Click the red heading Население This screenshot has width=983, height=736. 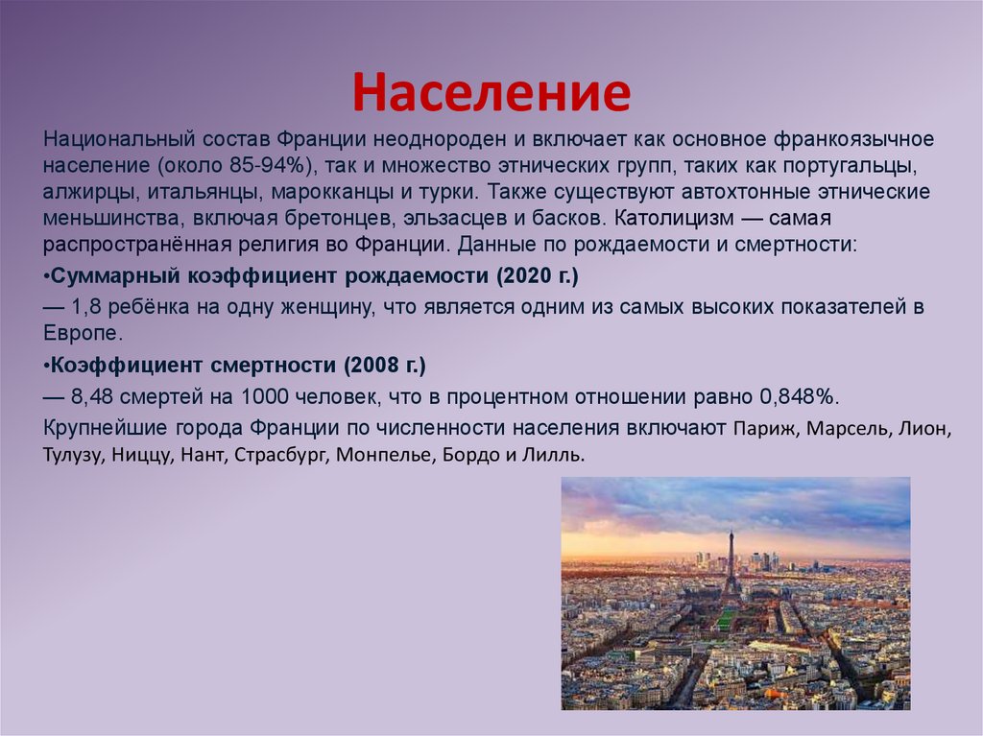(491, 93)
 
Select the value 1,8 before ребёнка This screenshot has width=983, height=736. (85, 307)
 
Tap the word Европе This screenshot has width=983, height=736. (83, 334)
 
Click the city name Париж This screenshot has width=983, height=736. (765, 428)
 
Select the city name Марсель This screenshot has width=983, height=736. (845, 428)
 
